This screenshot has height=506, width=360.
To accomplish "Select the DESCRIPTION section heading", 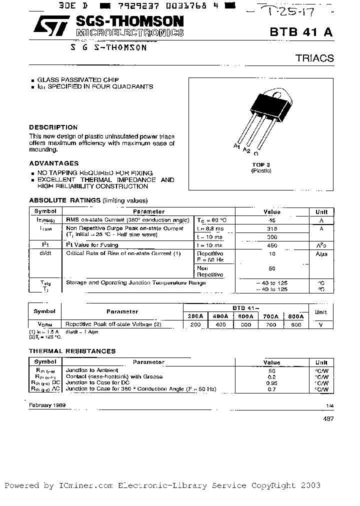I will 53,127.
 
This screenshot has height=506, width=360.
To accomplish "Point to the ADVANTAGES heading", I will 53,163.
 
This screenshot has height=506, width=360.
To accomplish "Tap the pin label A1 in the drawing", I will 236,145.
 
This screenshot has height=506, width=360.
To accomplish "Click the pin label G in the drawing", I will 256,153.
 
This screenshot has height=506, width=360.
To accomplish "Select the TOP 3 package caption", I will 261,164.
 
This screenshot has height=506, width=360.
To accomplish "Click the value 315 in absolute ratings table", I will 271,228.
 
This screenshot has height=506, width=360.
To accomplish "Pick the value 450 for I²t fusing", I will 271,245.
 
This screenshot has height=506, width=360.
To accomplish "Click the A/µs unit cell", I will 321,253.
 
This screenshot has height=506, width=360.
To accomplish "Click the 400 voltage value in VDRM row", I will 220,324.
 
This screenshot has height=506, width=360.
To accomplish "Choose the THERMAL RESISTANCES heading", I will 72,351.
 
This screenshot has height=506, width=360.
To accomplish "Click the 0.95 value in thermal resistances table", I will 271,382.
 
